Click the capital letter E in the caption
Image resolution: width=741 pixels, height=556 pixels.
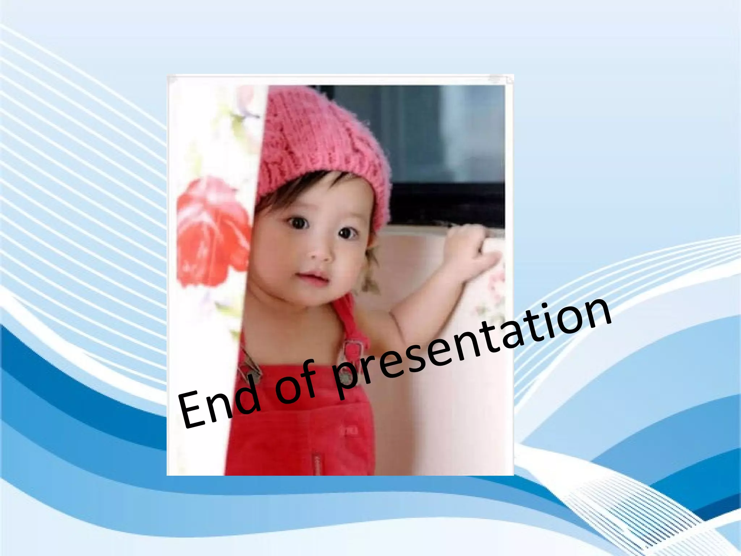click(194, 411)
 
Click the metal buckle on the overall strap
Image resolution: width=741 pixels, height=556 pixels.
click(353, 349)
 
